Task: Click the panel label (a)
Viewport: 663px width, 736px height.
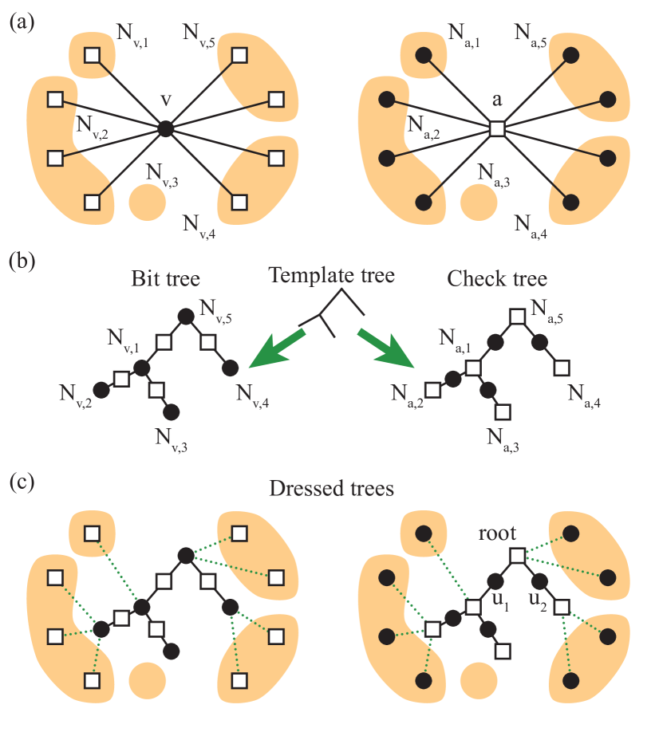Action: point(22,22)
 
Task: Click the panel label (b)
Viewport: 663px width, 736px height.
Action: point(22,262)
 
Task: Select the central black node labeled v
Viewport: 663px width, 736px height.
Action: point(165,128)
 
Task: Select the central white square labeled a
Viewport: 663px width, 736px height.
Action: point(497,128)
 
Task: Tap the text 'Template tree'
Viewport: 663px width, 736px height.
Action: point(331,276)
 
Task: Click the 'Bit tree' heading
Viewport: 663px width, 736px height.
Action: point(166,279)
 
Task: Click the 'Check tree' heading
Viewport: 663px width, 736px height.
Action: point(496,279)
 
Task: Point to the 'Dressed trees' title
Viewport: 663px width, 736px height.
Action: point(331,488)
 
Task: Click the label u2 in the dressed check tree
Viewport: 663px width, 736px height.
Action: point(537,598)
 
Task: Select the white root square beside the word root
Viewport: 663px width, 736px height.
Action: point(517,555)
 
